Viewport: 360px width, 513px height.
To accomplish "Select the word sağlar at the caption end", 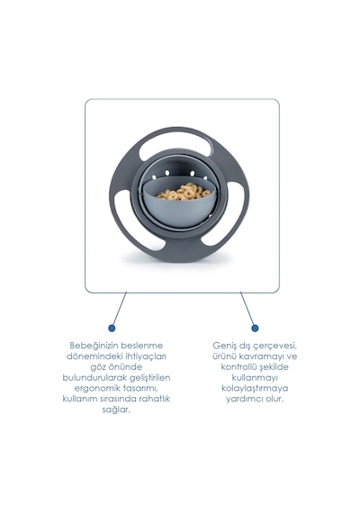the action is point(116,409).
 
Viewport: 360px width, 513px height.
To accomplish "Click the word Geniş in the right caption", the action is point(224,346).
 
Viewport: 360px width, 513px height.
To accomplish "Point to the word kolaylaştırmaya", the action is point(255,388).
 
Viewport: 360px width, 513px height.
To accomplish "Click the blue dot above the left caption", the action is point(112,328).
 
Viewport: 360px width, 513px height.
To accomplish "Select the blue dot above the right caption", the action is point(255,328).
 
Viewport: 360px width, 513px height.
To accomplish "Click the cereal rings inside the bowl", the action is point(184,192).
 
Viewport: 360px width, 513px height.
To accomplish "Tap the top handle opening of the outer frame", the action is point(176,146).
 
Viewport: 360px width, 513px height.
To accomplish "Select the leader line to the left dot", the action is point(119,309).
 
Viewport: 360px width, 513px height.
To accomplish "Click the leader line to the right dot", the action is point(247,309).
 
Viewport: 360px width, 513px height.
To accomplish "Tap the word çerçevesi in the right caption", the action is point(277,346).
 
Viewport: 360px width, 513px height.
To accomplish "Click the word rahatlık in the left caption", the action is point(155,399).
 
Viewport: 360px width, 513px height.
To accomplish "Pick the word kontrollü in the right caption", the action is point(238,367).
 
